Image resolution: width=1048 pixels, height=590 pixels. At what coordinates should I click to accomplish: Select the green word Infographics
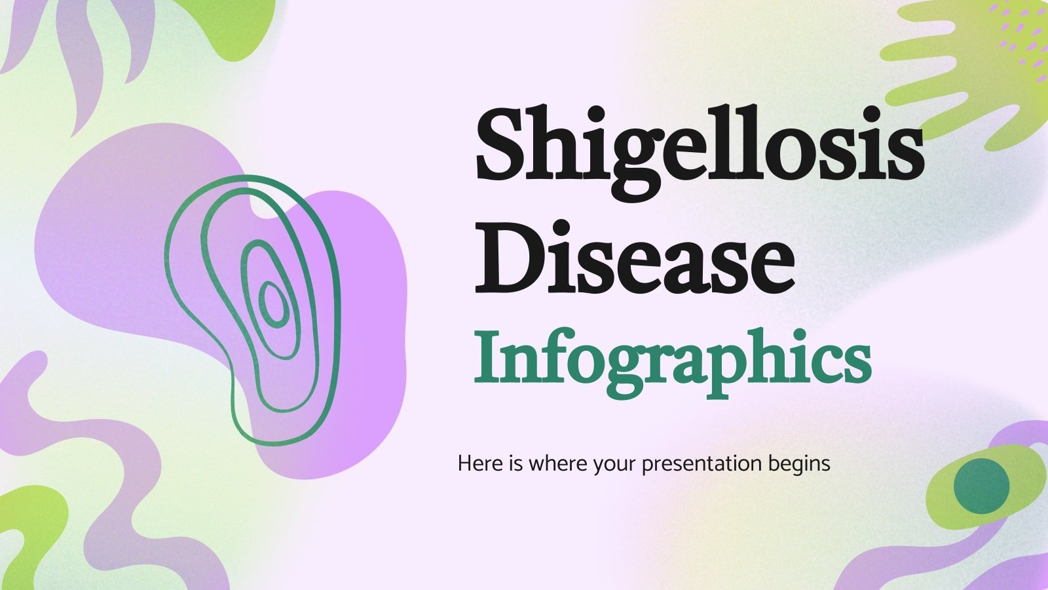click(x=672, y=361)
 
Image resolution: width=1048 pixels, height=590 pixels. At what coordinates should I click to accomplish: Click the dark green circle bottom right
click(x=981, y=486)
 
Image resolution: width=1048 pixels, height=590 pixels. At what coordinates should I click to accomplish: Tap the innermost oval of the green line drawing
click(x=272, y=304)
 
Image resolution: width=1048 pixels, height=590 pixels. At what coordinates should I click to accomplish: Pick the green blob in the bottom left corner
click(x=33, y=531)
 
